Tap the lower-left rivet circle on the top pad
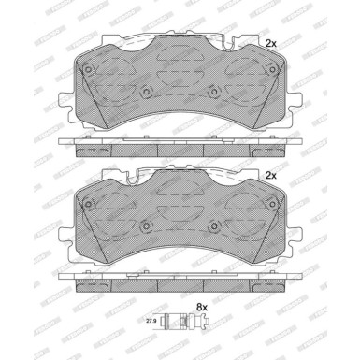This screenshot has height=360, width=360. [x=146, y=92]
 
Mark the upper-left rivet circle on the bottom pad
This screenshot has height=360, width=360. [x=88, y=201]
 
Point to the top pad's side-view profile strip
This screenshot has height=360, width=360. [x=180, y=146]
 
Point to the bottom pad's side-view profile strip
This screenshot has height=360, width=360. [x=180, y=279]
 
